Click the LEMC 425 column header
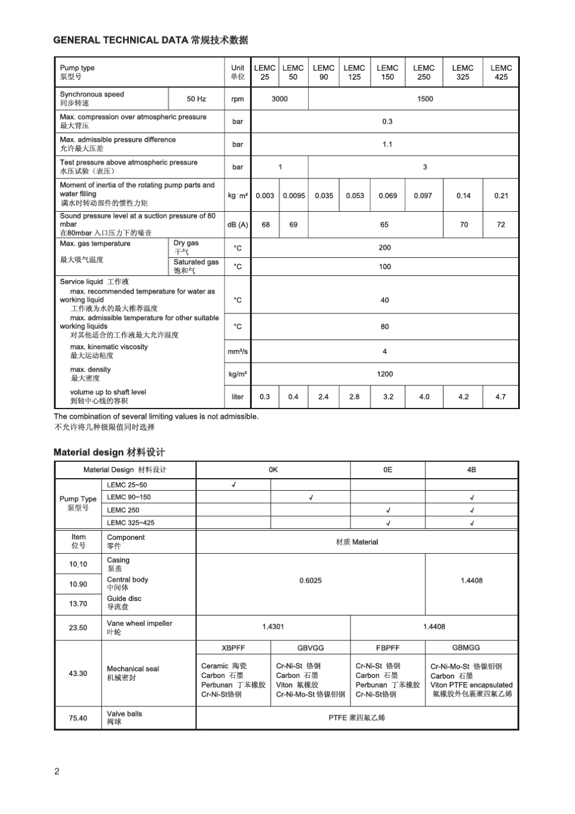tap(501, 73)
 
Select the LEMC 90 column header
tap(324, 73)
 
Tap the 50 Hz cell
tap(196, 99)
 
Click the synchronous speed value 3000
tap(280, 99)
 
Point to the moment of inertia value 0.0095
tap(294, 195)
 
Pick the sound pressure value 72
tap(501, 225)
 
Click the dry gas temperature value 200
tap(385, 248)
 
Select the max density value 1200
tap(385, 374)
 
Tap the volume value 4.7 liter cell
tap(501, 397)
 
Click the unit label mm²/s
tap(237, 352)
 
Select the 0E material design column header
tap(388, 470)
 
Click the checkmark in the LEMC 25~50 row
tap(234, 485)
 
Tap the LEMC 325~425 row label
tap(131, 522)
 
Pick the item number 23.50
tap(78, 628)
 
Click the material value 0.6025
tap(310, 580)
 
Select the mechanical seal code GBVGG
tap(310, 648)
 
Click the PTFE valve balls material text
tap(356, 718)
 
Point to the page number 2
tap(57, 771)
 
